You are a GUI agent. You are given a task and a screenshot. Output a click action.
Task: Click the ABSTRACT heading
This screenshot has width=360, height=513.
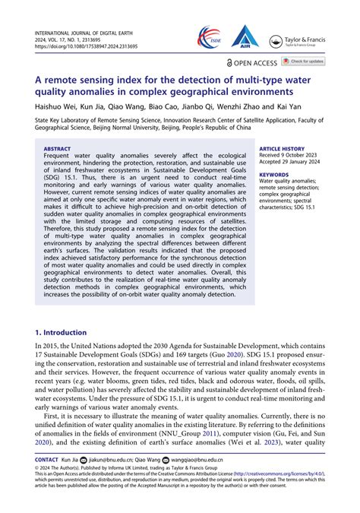(58, 149)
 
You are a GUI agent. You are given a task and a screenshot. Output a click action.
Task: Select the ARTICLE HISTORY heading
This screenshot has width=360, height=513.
(282, 149)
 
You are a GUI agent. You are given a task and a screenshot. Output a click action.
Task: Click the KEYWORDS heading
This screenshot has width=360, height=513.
(273, 175)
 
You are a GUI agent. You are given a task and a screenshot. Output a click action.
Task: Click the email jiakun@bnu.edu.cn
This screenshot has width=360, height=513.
(101, 460)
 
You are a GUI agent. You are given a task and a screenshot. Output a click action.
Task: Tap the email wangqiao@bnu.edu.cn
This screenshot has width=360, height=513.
(196, 460)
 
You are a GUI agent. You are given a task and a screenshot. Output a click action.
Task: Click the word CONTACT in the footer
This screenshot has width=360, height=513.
(48, 460)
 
